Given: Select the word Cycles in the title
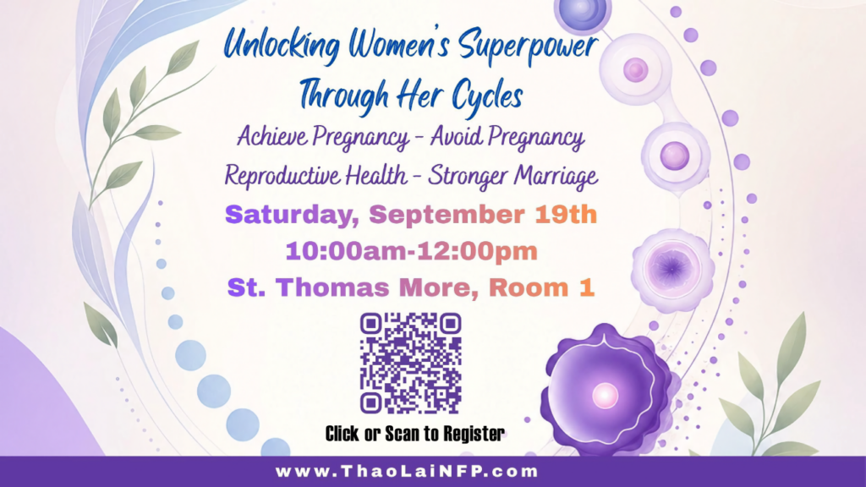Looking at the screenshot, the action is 487,95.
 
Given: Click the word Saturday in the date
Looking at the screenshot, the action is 292,215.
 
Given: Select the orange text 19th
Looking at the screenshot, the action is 566,214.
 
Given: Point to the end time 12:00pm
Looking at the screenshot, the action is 477,251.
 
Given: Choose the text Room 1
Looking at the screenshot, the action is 541,287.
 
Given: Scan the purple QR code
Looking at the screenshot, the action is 410,363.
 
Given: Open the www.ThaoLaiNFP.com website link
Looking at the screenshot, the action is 407,472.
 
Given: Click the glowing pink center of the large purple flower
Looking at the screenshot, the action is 605,396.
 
